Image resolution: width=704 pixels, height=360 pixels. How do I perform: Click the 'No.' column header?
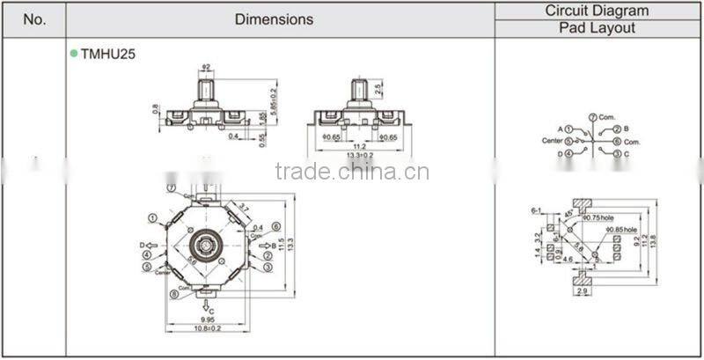pyautogui.click(x=33, y=18)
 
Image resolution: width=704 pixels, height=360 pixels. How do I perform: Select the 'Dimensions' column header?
pyautogui.click(x=274, y=18)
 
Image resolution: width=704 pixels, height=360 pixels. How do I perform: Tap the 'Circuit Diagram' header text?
pyautogui.click(x=597, y=11)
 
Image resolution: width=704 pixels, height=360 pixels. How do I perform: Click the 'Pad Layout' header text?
pyautogui.click(x=597, y=28)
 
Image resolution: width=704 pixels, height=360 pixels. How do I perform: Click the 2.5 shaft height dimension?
pyautogui.click(x=377, y=89)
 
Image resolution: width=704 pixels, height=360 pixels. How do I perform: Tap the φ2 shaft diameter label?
pyautogui.click(x=206, y=68)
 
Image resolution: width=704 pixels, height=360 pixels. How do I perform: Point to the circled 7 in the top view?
pyautogui.click(x=170, y=187)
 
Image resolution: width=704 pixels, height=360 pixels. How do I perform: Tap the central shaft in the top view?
pyautogui.click(x=207, y=242)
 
